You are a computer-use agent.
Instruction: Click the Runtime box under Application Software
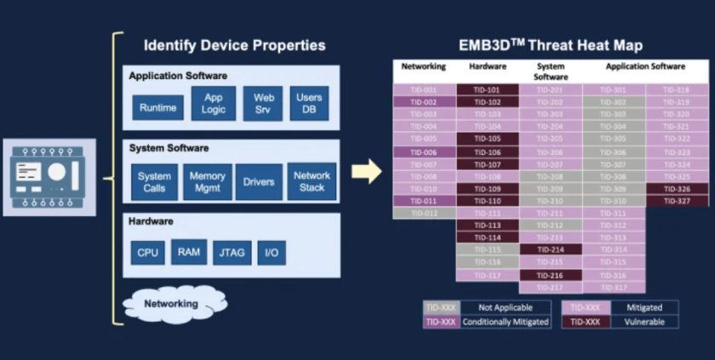point(157,107)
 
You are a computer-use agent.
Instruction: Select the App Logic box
point(214,104)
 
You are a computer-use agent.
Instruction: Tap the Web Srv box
point(262,104)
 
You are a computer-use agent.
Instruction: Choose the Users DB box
point(309,104)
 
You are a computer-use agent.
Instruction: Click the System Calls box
point(154,182)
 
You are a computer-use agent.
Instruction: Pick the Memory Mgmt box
point(207,182)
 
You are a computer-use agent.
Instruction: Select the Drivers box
point(259,182)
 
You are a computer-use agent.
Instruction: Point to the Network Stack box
point(312,181)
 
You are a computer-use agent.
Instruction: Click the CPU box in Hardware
point(147,253)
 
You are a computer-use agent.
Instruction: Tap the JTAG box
point(232,253)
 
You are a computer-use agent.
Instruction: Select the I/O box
point(272,253)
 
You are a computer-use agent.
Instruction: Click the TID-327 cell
point(677,201)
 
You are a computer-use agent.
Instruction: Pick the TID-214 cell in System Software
point(550,249)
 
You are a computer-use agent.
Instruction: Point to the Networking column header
point(423,66)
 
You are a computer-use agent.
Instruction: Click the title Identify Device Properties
point(234,45)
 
